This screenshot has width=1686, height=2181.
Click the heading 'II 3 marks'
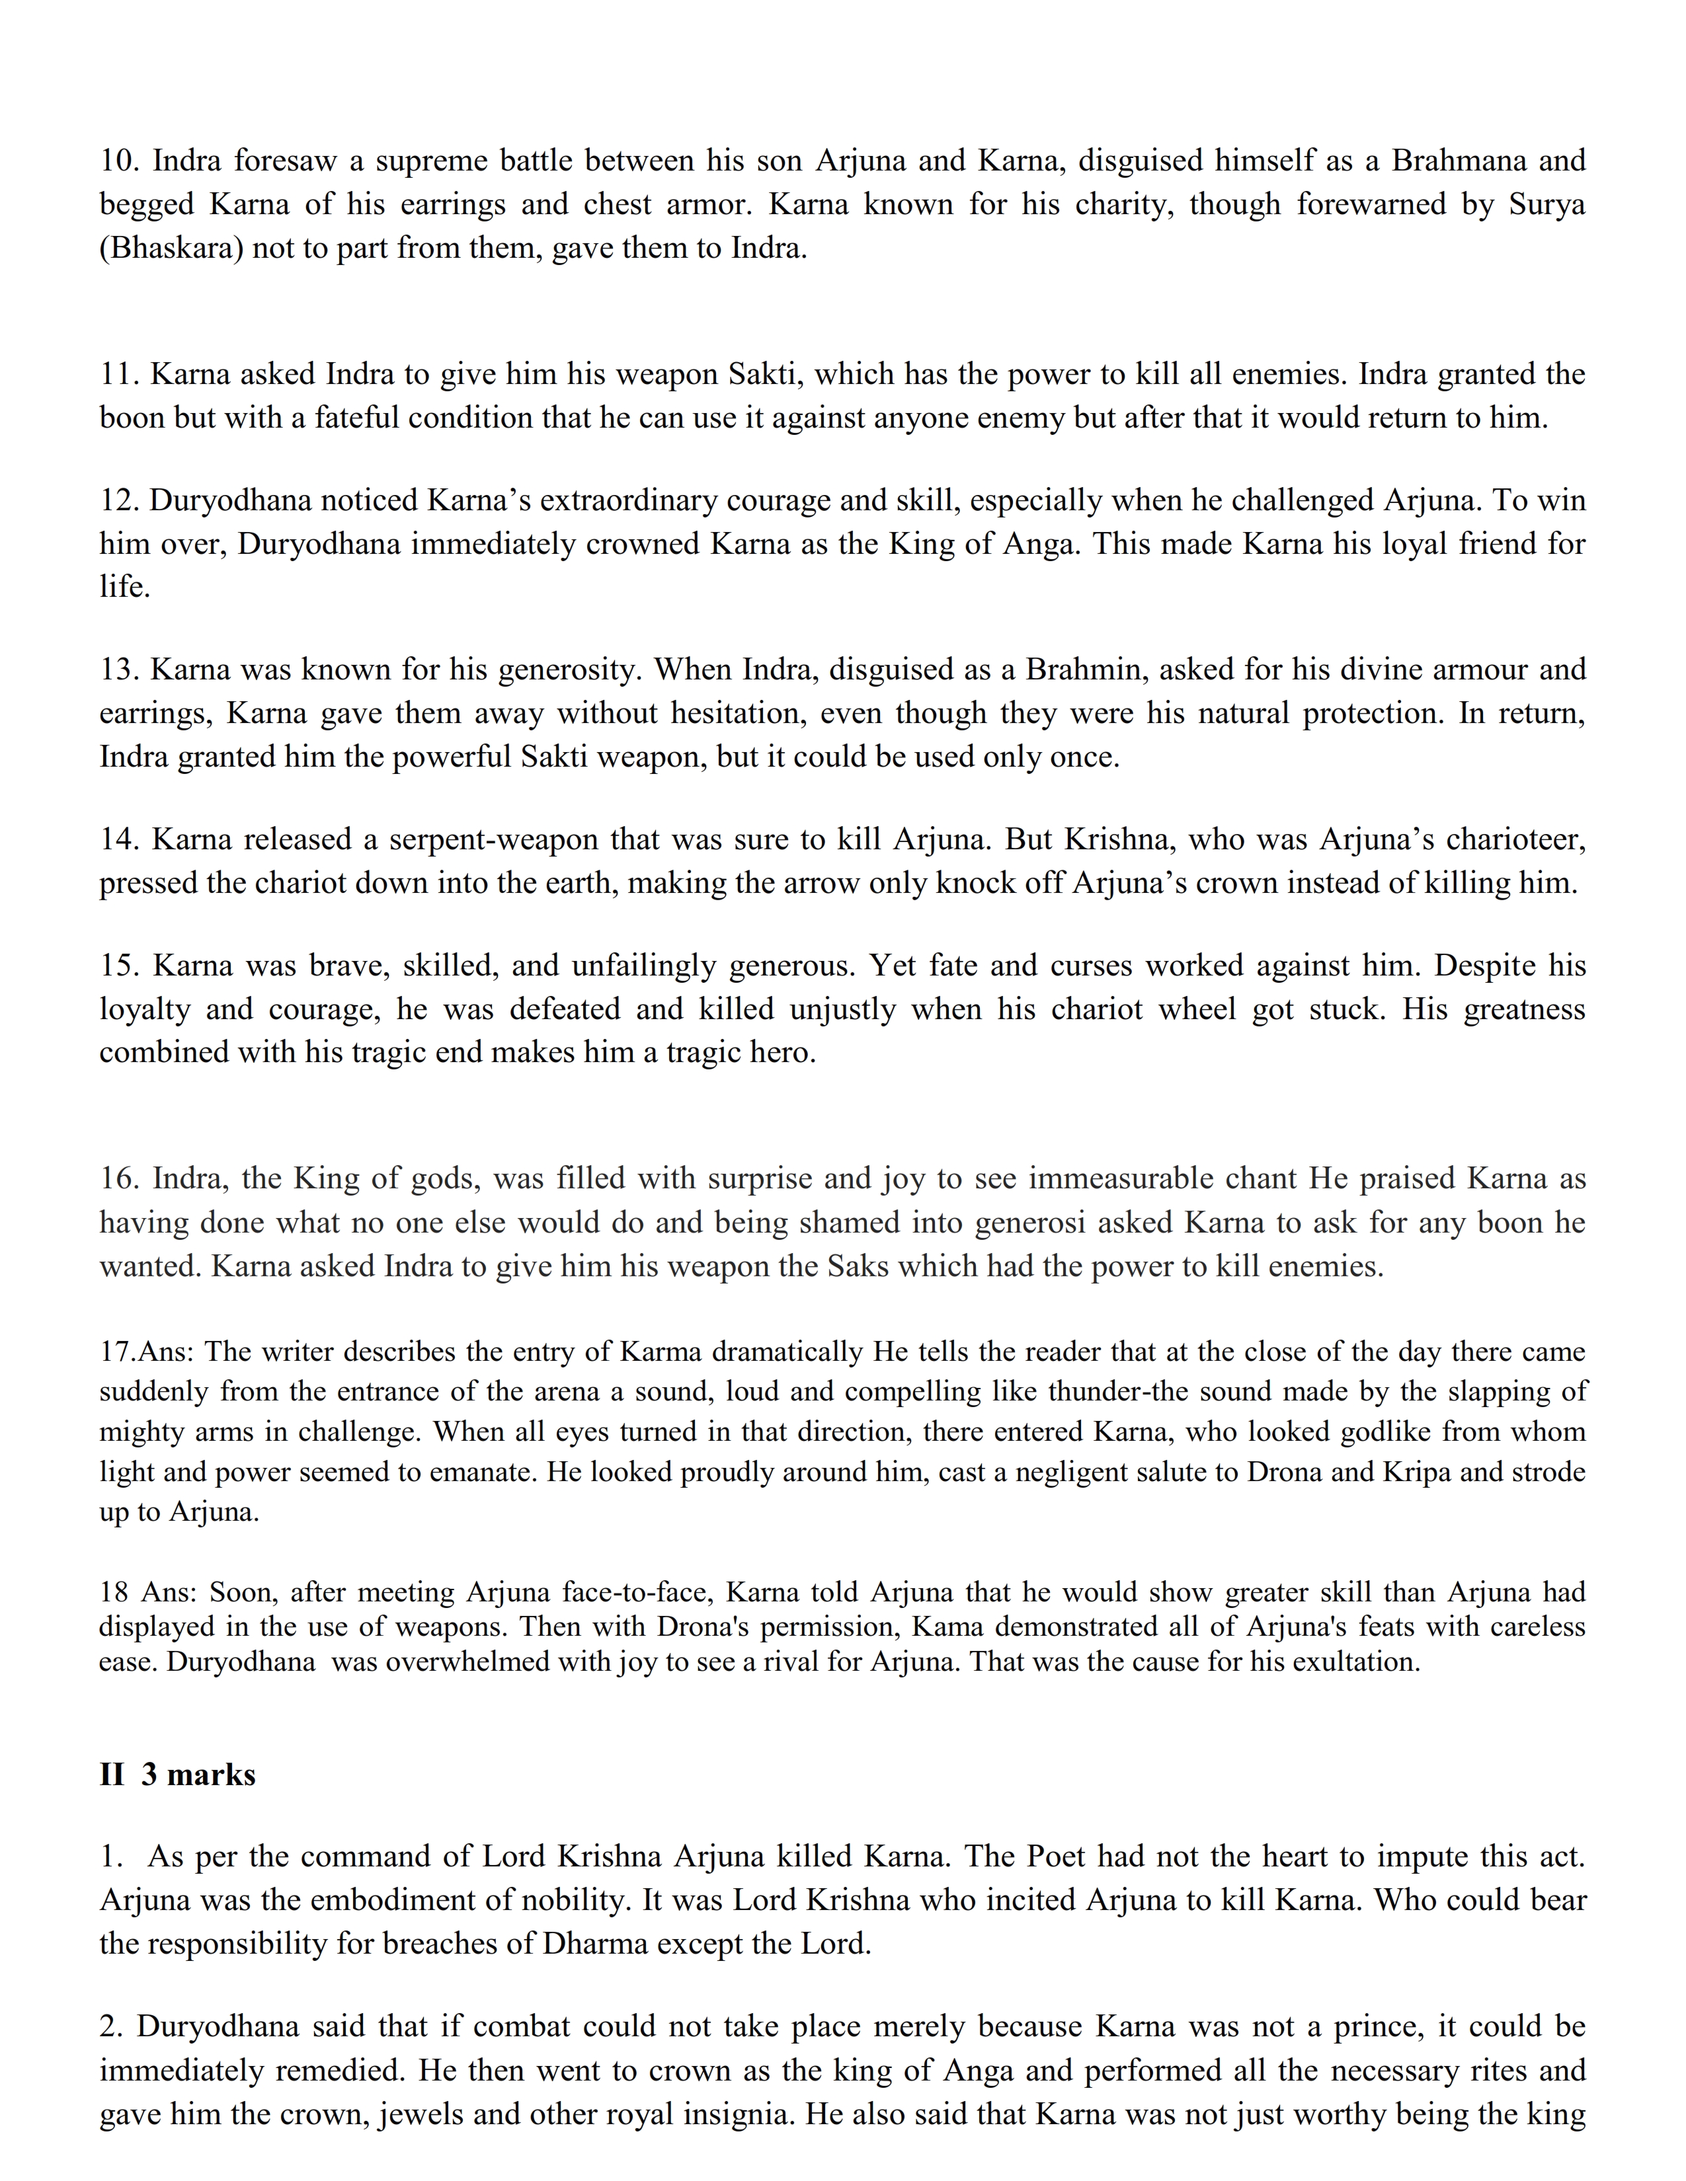coord(178,1774)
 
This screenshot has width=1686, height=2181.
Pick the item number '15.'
coord(121,966)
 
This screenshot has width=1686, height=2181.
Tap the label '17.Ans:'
coord(148,1352)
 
